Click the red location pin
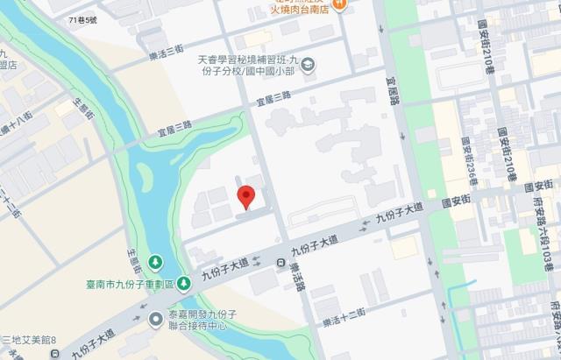247,197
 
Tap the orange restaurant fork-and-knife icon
346,4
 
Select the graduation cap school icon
308,64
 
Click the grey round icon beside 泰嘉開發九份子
155,319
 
